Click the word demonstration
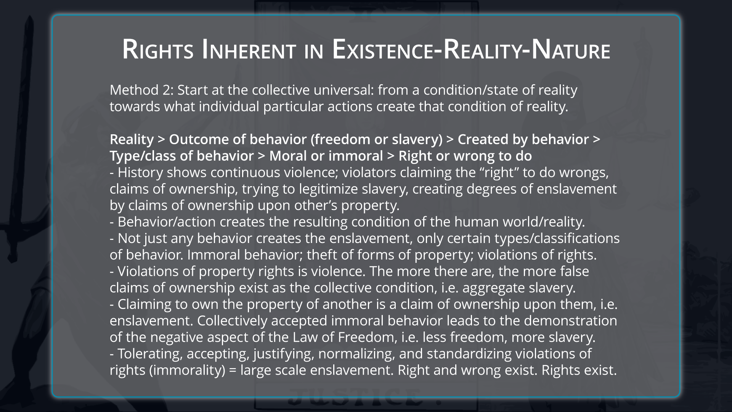pyautogui.click(x=570, y=320)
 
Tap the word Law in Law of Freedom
pyautogui.click(x=303, y=337)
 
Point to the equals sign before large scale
pyautogui.click(x=233, y=370)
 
